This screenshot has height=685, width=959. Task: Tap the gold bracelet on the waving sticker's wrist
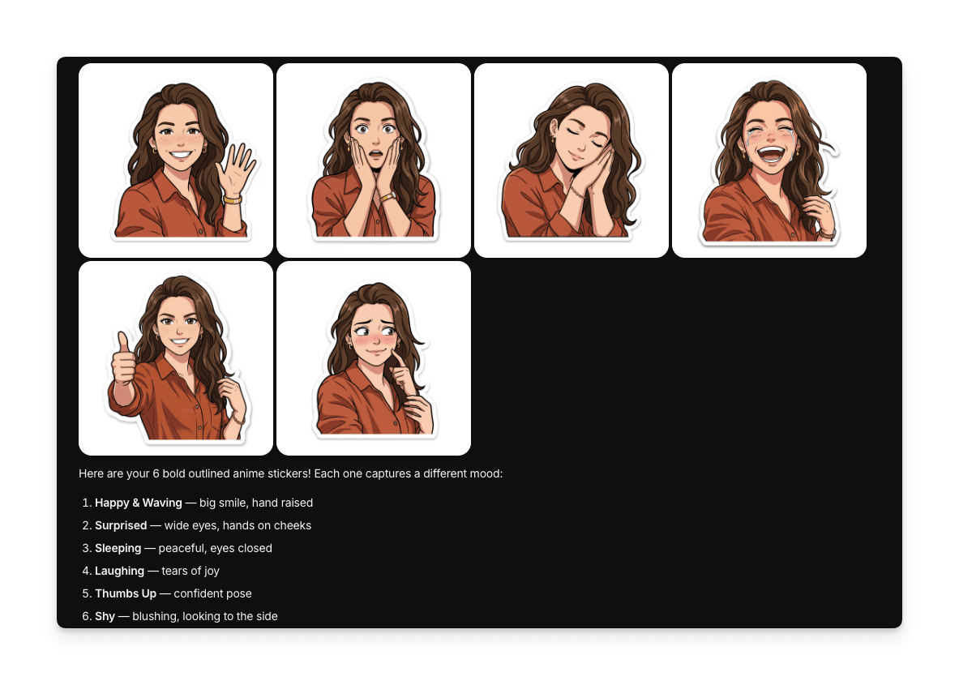point(233,199)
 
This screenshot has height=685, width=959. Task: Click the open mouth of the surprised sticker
point(375,155)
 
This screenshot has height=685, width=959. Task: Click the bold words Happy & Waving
point(139,503)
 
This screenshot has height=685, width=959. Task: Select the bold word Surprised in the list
point(121,525)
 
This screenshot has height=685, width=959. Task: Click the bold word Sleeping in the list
point(118,548)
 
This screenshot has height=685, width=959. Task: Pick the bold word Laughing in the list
point(119,571)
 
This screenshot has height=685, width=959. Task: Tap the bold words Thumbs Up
point(126,593)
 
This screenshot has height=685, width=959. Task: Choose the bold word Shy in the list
point(105,616)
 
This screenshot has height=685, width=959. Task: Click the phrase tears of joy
point(191,571)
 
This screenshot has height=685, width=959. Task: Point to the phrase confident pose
point(212,593)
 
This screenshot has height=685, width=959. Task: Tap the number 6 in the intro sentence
point(156,473)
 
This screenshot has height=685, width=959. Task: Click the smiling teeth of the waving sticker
point(181,153)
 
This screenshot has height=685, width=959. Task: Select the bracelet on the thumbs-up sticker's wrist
point(237,419)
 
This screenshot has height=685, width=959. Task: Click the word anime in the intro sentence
point(246,473)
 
